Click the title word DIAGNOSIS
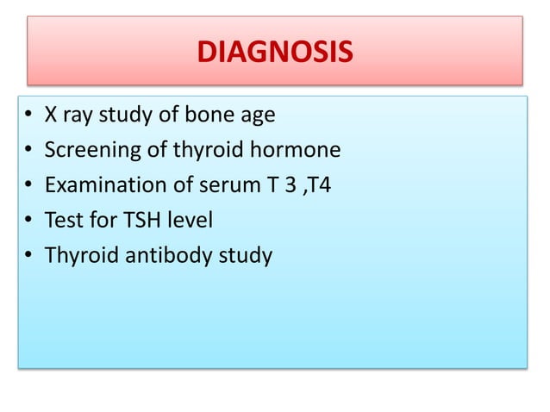coord(275,53)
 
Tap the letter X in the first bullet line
coord(51,116)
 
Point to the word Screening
coord(90,152)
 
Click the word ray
coord(78,118)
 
